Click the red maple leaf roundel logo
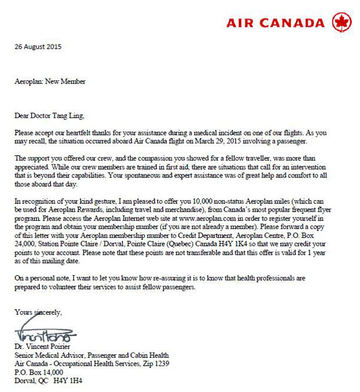pyautogui.click(x=341, y=23)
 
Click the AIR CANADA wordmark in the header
pyautogui.click(x=275, y=23)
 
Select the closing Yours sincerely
pyautogui.click(x=38, y=312)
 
